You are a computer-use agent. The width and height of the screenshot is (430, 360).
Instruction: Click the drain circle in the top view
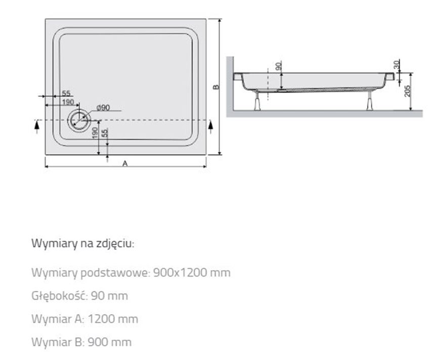[79, 120]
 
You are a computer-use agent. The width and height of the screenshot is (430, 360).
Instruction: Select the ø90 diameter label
[103, 107]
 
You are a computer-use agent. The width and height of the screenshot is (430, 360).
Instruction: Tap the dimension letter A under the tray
[125, 163]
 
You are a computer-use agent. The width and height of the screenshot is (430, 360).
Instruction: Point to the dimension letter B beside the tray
[216, 87]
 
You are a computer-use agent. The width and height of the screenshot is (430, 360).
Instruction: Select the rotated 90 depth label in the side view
[278, 66]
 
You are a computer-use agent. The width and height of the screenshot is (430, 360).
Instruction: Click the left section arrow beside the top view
[36, 126]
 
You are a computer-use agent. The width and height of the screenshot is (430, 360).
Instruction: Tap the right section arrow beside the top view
[210, 126]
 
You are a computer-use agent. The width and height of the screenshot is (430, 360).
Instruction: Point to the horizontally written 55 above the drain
[66, 94]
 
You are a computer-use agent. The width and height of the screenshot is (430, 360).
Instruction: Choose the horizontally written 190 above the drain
[68, 102]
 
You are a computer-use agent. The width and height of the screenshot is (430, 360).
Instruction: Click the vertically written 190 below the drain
[96, 133]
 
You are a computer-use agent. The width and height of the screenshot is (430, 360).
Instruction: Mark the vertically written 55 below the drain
[105, 133]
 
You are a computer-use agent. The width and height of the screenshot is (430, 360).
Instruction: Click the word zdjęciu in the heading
[116, 244]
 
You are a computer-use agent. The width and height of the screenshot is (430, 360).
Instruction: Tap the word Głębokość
[57, 296]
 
